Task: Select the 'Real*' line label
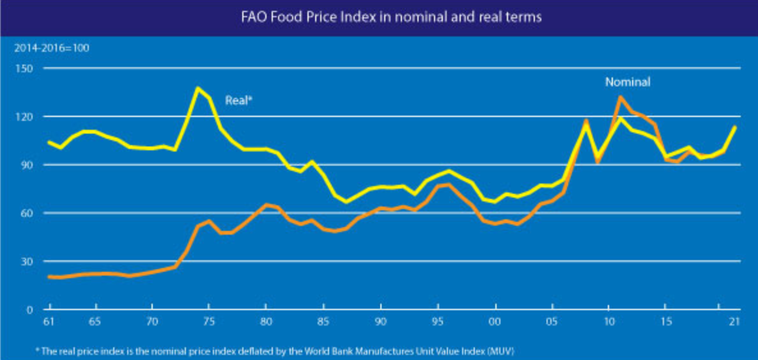(x=238, y=100)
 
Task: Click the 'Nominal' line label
(x=628, y=82)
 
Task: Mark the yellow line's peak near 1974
(x=197, y=88)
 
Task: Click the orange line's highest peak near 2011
(x=620, y=97)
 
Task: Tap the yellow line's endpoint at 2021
(x=735, y=127)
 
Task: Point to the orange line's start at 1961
(x=49, y=277)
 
